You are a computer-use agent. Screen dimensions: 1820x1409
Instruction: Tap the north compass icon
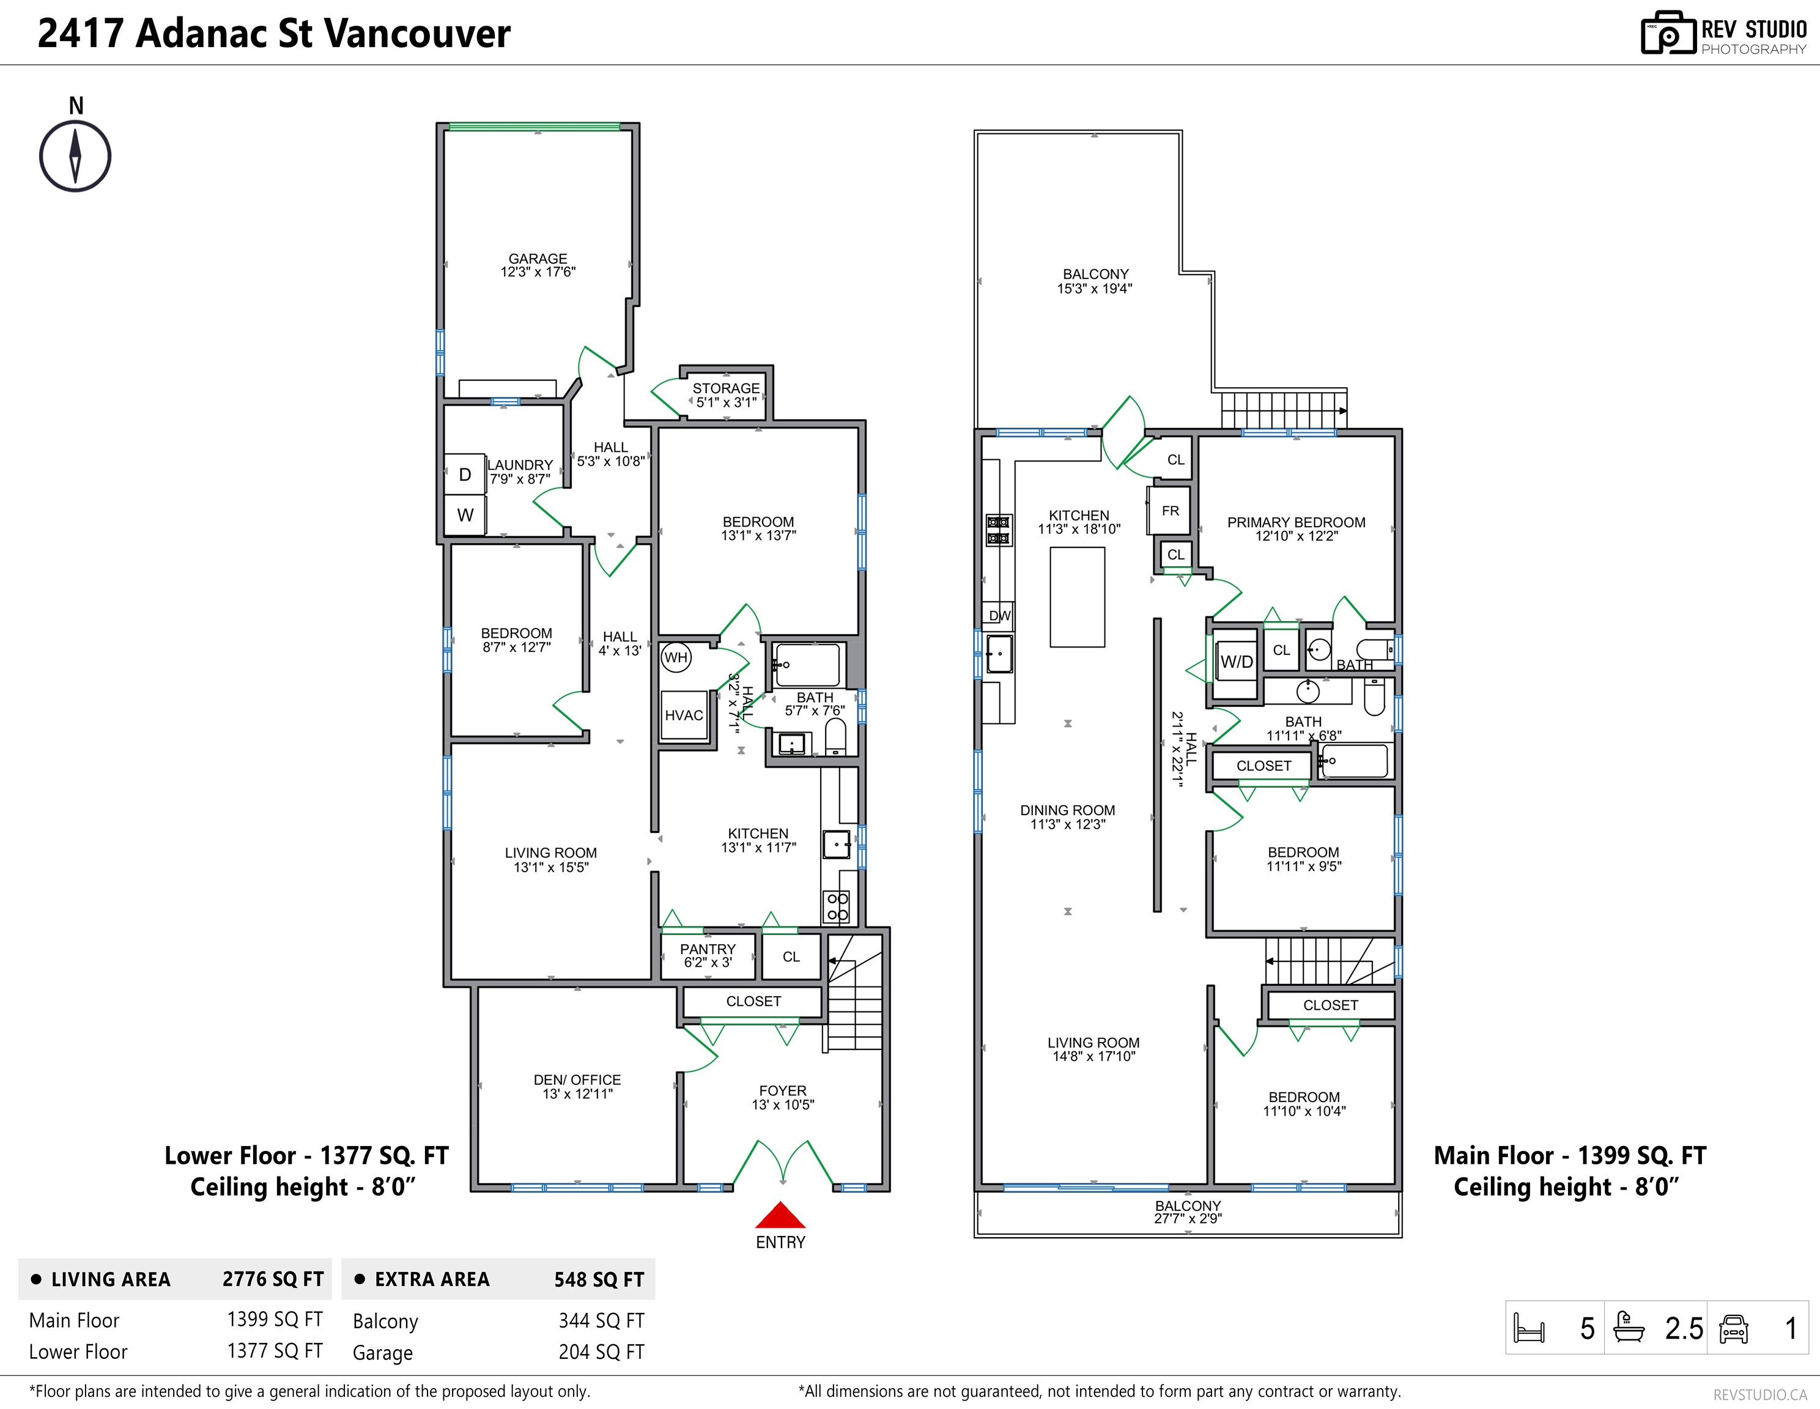coord(75,156)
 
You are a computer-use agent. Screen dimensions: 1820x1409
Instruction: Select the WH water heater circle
coord(676,657)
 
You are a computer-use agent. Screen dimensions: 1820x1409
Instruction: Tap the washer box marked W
coord(465,515)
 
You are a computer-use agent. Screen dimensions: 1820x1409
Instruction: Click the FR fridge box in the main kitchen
coord(1170,511)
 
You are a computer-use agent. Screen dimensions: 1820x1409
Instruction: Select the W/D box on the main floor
coord(1236,662)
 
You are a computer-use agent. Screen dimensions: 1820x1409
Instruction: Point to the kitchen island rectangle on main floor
coord(1078,597)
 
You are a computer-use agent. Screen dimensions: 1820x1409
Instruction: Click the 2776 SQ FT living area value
coord(273,1279)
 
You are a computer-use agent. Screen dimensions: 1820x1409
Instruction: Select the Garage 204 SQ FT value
coord(601,1352)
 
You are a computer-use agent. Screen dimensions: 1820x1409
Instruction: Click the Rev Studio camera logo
coord(1668,34)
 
